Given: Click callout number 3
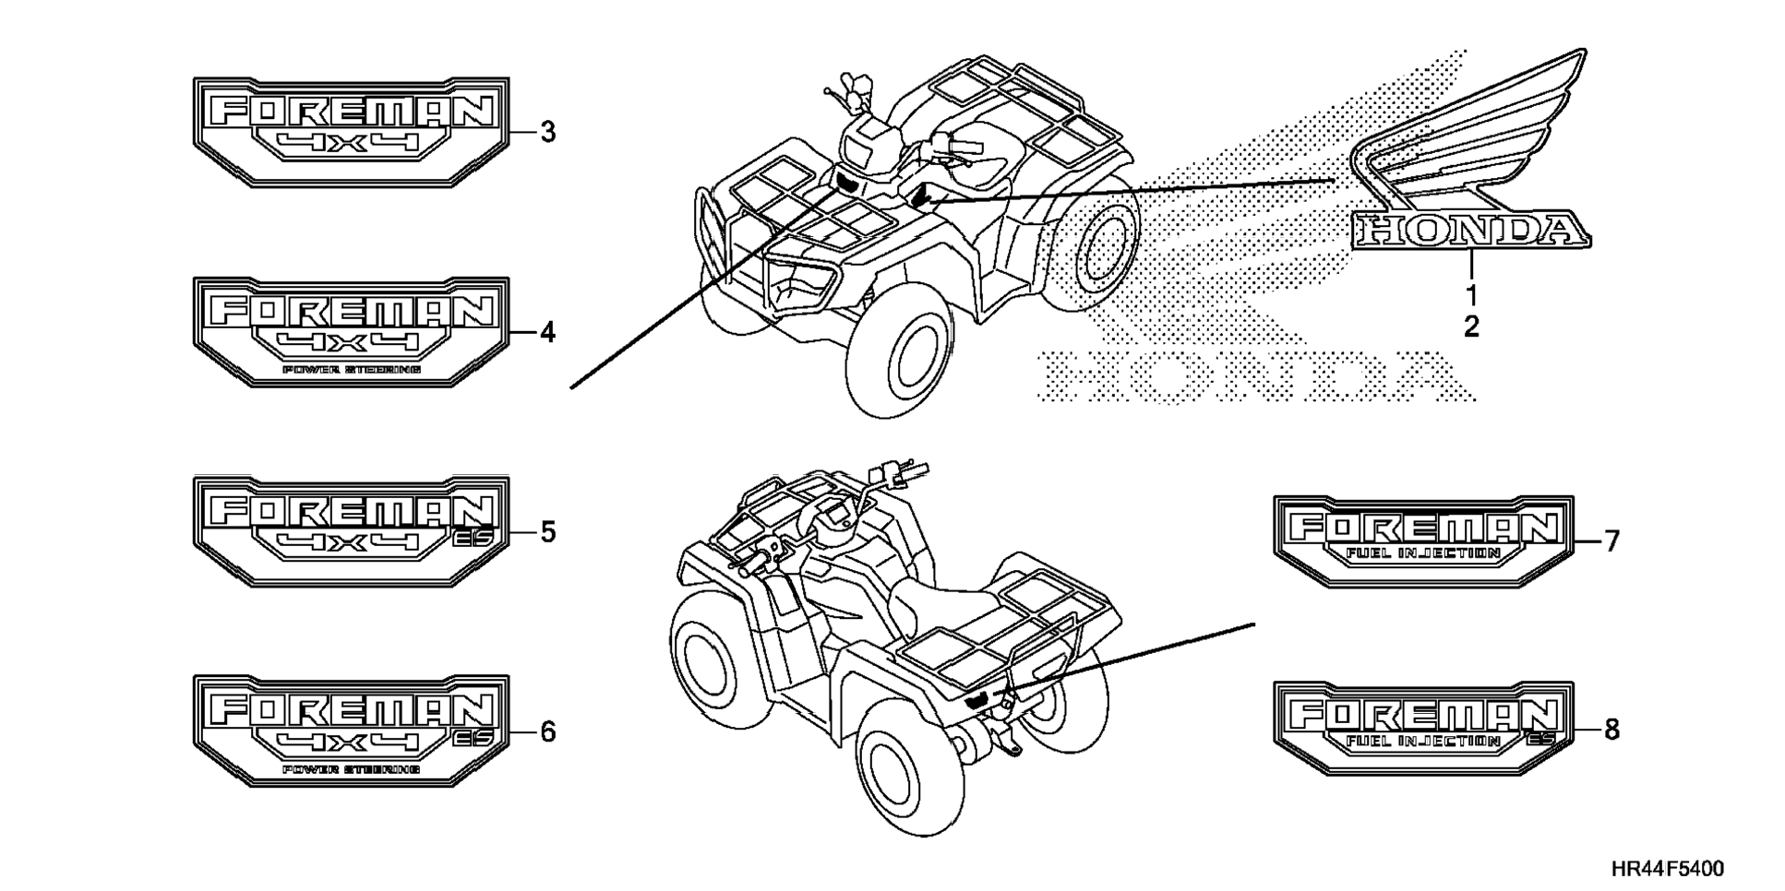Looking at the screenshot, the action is click(548, 133).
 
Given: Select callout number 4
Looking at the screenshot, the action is click(548, 332).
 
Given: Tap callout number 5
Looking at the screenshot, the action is click(548, 532).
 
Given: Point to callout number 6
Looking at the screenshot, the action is click(548, 732).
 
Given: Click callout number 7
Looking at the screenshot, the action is click(1611, 541).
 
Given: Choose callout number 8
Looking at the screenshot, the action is click(1611, 730).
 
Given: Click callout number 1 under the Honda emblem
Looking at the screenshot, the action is click(1471, 296).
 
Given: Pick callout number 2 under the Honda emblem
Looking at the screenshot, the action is click(1471, 327).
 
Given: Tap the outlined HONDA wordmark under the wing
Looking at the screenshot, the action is click(1471, 231).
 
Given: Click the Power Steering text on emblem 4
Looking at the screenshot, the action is click(352, 369).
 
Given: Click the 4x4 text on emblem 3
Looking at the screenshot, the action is click(351, 143).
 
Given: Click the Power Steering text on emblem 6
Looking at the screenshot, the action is click(352, 769).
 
